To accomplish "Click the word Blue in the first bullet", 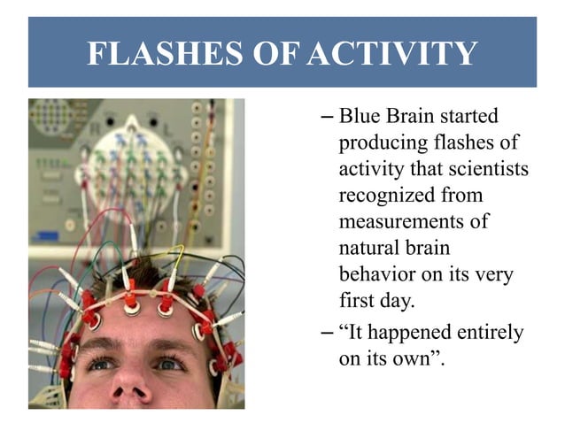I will (359, 116).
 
